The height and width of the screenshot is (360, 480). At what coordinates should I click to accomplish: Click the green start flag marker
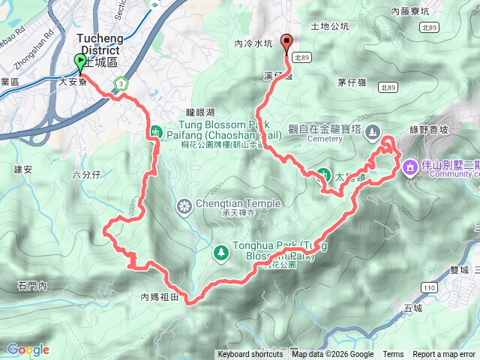[x=80, y=62]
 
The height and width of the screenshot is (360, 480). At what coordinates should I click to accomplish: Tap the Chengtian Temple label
[x=238, y=203]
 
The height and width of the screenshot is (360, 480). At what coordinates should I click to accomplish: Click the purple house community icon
[x=410, y=166]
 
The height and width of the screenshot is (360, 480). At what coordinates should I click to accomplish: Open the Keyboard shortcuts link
[x=250, y=355]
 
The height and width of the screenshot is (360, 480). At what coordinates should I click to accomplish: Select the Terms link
[x=393, y=355]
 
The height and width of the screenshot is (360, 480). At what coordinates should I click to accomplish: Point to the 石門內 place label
[x=32, y=285]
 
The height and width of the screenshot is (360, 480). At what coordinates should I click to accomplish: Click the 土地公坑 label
[x=334, y=26]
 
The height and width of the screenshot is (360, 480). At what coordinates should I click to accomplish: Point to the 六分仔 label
[x=86, y=174]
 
